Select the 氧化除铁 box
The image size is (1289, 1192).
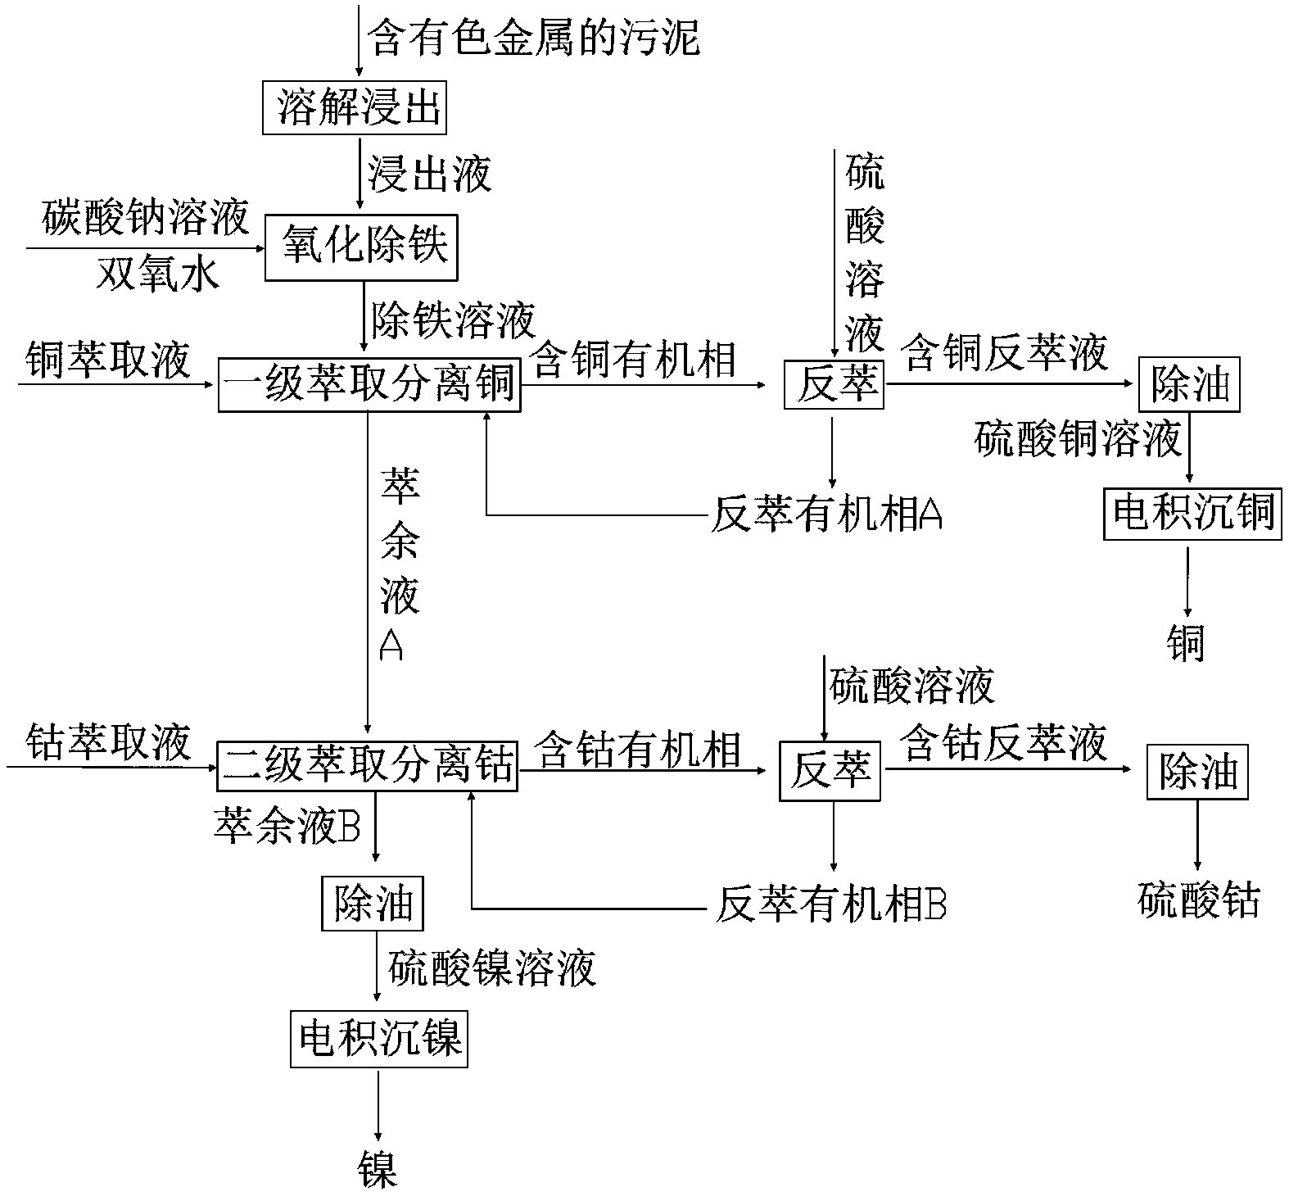(x=360, y=247)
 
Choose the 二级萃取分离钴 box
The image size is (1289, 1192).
(x=368, y=766)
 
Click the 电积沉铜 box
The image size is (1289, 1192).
(x=1192, y=513)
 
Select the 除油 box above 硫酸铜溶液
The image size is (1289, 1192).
(x=1189, y=384)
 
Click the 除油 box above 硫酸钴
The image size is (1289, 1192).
(x=1198, y=772)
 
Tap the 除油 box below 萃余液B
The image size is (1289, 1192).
(x=373, y=903)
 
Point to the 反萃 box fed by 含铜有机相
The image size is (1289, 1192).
(x=833, y=384)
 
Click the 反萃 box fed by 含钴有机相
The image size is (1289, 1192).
(x=830, y=772)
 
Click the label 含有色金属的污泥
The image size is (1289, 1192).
(x=535, y=38)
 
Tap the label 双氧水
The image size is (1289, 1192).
(x=157, y=274)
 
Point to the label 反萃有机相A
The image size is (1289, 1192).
(x=827, y=515)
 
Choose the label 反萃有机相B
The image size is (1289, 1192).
(x=831, y=906)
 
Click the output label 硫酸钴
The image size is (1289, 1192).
(x=1198, y=900)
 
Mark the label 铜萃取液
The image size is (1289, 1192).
(x=108, y=360)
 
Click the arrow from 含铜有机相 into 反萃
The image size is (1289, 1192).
(x=647, y=384)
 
